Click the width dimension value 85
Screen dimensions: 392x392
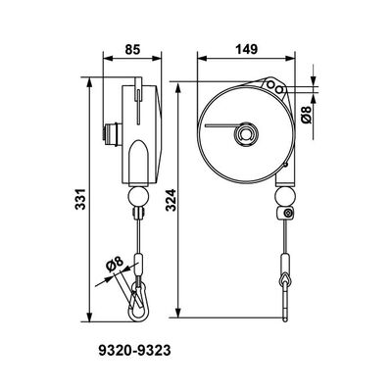pyautogui.click(x=135, y=48)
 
